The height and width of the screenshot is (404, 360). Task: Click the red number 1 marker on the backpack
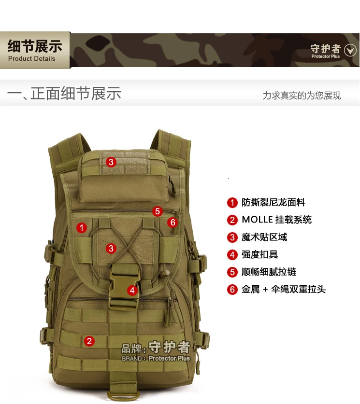tap(82, 228)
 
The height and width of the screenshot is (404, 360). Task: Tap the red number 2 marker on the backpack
tap(89, 341)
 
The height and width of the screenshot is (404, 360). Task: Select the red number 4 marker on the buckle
tap(132, 291)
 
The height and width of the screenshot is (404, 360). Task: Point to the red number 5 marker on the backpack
tap(158, 211)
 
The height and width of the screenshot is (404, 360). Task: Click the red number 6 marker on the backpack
tap(173, 223)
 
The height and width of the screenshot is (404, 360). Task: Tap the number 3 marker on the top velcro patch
tap(111, 162)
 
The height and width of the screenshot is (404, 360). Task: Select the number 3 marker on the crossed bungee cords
tap(111, 249)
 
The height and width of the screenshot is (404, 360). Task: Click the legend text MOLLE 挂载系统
tap(277, 220)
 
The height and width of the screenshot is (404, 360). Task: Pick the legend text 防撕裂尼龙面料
tap(274, 203)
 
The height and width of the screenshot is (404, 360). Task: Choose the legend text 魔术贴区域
tap(264, 237)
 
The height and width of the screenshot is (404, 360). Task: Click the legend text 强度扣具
tap(259, 254)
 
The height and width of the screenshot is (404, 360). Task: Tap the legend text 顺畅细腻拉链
tap(269, 272)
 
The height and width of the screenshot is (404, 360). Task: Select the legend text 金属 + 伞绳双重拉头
tap(284, 289)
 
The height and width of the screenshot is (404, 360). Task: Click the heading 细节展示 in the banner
tap(35, 46)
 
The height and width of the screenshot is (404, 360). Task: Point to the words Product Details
tap(32, 59)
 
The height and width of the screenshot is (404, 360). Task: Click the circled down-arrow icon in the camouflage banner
tap(350, 50)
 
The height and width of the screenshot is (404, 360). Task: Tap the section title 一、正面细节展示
tap(64, 93)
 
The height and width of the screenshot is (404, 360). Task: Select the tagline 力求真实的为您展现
tap(302, 96)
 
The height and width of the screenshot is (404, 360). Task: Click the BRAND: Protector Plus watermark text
tap(156, 359)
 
